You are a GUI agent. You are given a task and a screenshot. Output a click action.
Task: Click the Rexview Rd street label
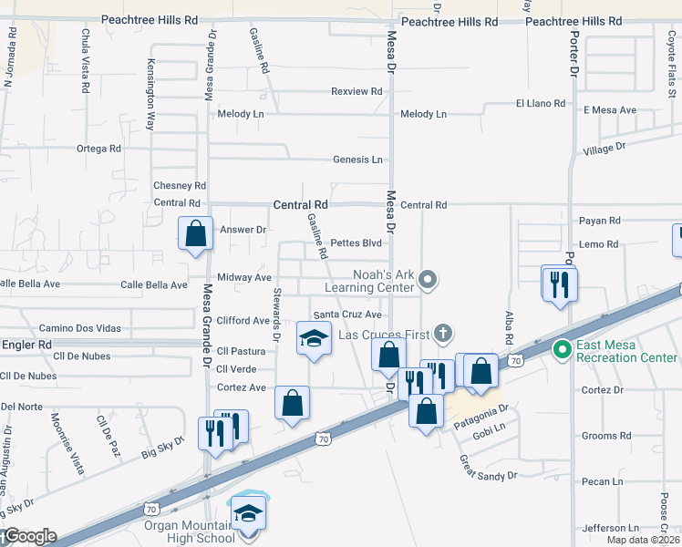[356, 91]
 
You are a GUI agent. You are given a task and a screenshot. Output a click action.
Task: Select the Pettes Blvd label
[356, 243]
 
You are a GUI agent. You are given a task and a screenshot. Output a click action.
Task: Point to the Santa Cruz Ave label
[347, 314]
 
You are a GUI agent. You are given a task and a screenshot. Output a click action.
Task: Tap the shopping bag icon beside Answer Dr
[196, 233]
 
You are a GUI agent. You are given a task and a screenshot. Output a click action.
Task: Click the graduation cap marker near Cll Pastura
[313, 339]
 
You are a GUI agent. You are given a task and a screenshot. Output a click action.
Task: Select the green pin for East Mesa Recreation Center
[563, 347]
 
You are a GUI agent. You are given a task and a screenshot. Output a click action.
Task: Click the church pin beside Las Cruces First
[444, 334]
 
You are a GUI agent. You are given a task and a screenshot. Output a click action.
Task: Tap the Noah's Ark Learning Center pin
[429, 280]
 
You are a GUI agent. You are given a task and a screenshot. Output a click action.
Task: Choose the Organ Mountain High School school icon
[248, 513]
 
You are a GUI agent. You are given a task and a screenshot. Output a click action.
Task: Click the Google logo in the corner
[29, 536]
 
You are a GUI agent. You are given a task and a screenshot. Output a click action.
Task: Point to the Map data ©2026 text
[643, 540]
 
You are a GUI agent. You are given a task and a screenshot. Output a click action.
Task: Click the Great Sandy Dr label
[488, 469]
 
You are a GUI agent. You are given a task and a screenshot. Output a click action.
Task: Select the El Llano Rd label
[541, 104]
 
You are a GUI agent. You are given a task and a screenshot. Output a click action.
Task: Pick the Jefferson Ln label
[610, 528]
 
